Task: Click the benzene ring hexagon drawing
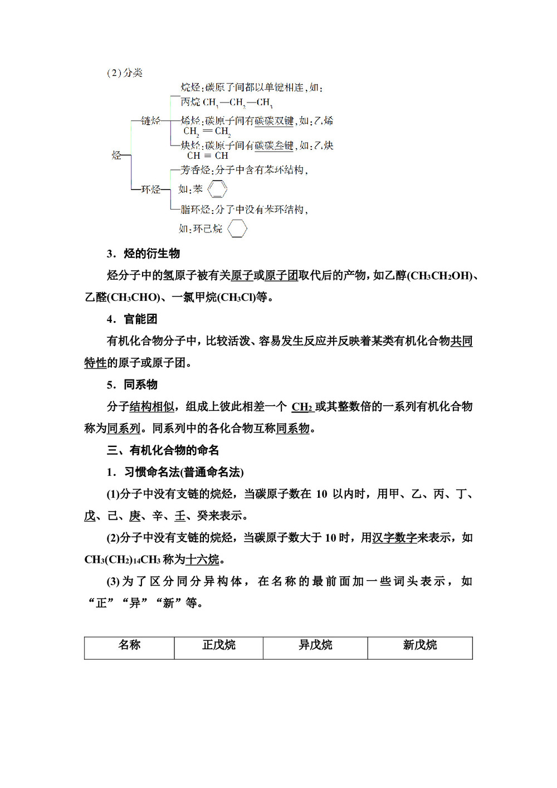[x=217, y=189]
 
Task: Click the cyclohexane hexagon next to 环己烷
[x=237, y=228]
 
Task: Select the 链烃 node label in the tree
[x=150, y=121]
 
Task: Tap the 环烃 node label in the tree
[x=150, y=189]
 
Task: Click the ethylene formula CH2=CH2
[x=207, y=132]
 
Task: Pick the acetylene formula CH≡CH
[x=208, y=156]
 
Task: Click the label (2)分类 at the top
[x=125, y=73]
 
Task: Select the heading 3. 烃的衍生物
[x=143, y=254]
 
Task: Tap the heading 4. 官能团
[x=132, y=319]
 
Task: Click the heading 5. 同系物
[x=132, y=385]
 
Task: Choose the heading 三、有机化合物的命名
[x=163, y=450]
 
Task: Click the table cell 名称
[x=129, y=645]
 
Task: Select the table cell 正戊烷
[x=218, y=645]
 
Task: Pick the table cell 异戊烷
[x=315, y=645]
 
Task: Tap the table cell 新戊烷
[x=420, y=645]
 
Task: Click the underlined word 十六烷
[x=203, y=560]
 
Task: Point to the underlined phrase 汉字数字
[x=394, y=538]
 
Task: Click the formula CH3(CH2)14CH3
[x=123, y=560]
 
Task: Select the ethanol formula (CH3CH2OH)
[x=441, y=276]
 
